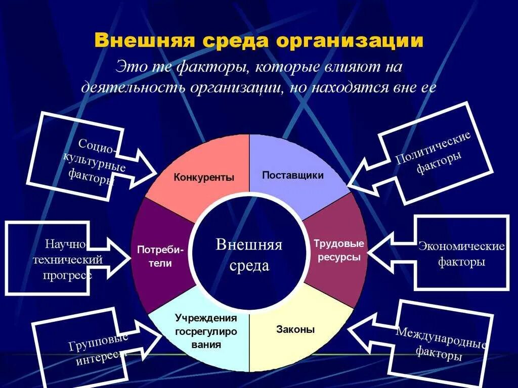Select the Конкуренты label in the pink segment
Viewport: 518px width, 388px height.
click(x=204, y=177)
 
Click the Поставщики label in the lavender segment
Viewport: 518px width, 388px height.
click(x=292, y=175)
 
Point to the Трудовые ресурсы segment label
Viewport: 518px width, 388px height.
click(x=338, y=250)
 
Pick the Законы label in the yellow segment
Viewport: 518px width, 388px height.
click(x=295, y=330)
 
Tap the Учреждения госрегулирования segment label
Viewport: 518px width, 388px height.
click(x=206, y=331)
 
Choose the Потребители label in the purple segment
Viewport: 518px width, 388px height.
click(x=160, y=256)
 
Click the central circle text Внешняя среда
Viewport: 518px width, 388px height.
click(x=249, y=255)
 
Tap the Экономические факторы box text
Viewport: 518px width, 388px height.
click(x=461, y=254)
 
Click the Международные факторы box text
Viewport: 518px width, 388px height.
click(x=440, y=344)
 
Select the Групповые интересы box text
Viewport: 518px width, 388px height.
click(x=97, y=349)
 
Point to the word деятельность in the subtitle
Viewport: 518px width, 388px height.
click(x=134, y=87)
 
